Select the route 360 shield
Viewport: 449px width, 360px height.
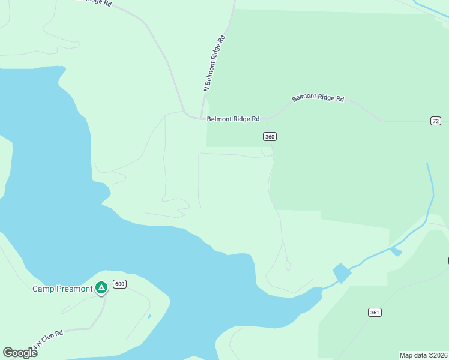[x=270, y=137]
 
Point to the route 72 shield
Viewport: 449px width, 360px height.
[x=436, y=121]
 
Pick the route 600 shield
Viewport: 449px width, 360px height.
[x=119, y=284]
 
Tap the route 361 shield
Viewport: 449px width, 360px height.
[x=375, y=312]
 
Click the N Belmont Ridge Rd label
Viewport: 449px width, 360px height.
[x=214, y=63]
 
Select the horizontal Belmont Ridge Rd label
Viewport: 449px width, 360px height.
[x=233, y=119]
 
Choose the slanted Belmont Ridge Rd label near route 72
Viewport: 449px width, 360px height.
[x=318, y=98]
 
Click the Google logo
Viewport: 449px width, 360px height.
[x=20, y=353]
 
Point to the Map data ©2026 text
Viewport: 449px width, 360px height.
[x=423, y=355]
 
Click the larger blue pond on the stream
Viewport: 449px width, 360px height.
[x=342, y=273]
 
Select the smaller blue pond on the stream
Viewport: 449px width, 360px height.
[x=396, y=251]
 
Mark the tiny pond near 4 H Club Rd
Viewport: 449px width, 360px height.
[x=149, y=316]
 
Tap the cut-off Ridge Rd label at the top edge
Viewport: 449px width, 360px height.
[x=95, y=3]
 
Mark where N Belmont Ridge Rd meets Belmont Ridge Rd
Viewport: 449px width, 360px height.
[x=201, y=118]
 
